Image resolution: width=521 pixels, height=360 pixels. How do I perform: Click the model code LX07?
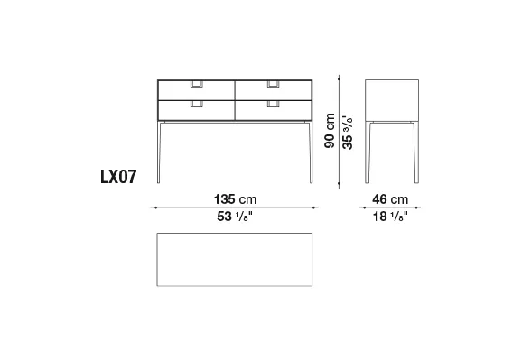(118, 176)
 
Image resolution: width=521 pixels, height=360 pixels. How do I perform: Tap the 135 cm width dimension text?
(235, 199)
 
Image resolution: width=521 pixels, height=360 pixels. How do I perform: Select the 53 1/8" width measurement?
(235, 217)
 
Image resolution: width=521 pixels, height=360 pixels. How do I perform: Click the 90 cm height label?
(330, 131)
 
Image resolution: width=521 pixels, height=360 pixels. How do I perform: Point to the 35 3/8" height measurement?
(348, 132)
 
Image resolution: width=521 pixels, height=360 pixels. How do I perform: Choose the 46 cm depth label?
(390, 199)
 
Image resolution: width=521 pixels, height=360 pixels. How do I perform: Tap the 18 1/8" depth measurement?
(390, 217)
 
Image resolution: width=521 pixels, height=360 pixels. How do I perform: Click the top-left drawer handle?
(197, 84)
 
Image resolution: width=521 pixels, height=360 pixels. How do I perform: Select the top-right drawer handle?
(273, 84)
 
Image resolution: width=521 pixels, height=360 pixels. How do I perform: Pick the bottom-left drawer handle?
(197, 104)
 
